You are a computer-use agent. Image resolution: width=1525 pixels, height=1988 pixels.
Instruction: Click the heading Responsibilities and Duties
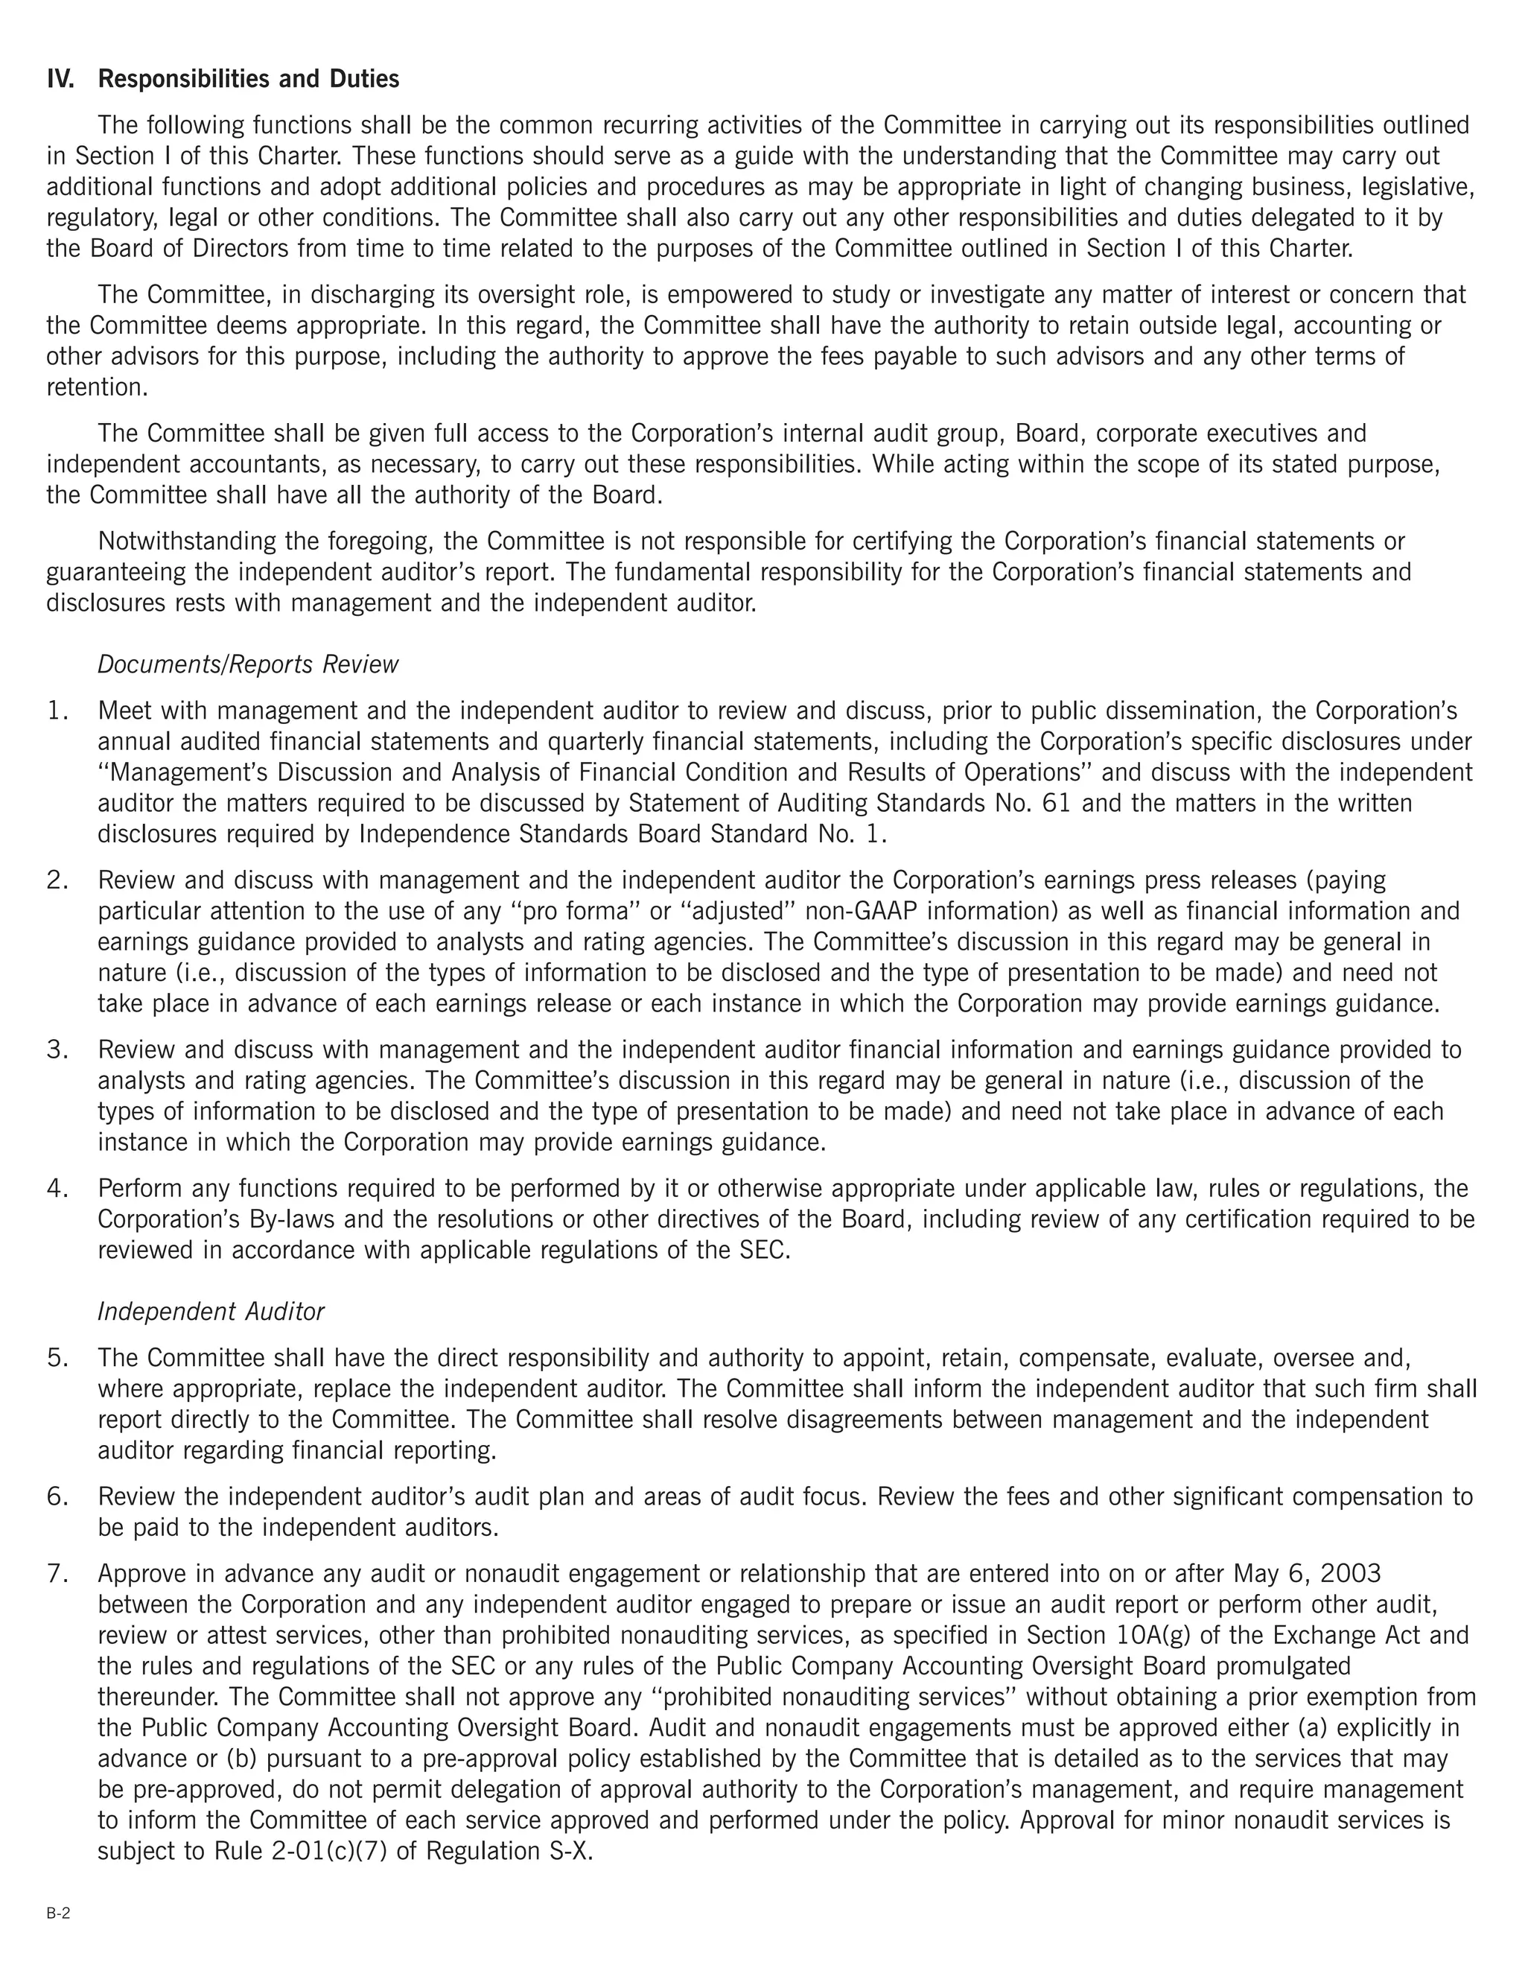248,79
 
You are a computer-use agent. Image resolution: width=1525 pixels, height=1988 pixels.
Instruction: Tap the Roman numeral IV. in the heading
61,79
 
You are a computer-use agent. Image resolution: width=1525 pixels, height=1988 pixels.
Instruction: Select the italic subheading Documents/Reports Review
248,664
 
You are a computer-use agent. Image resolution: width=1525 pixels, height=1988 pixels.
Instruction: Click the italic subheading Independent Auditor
211,1312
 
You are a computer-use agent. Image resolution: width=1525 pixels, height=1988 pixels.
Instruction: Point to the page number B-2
58,1914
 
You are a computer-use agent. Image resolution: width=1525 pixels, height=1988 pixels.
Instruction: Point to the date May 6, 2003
1307,1573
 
